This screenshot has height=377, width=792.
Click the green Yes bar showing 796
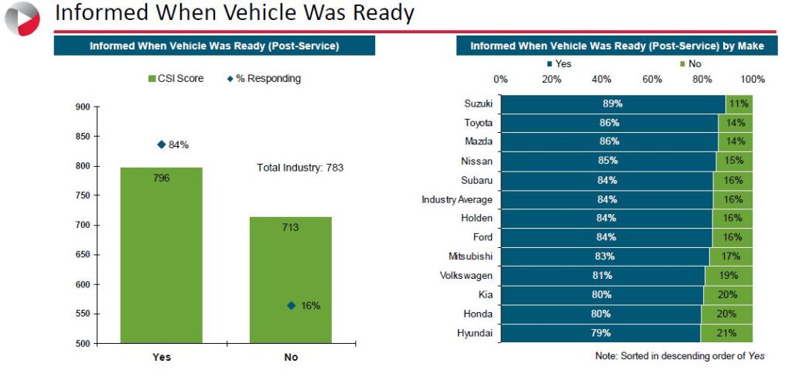click(x=161, y=255)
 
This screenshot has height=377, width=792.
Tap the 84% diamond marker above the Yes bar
click(x=161, y=144)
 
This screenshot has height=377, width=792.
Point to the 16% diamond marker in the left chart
click(x=291, y=305)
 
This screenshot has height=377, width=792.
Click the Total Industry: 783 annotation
click(x=299, y=167)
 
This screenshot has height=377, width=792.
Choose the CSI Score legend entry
click(x=176, y=78)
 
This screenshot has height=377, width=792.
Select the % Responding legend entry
click(x=264, y=78)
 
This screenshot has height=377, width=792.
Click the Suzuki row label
click(x=478, y=104)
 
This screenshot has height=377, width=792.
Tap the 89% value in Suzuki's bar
click(x=613, y=104)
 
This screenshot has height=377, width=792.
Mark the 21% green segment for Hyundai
click(x=726, y=333)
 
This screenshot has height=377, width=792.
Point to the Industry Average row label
click(x=456, y=199)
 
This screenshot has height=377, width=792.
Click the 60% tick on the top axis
click(x=652, y=79)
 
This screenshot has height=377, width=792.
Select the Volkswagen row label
click(x=466, y=276)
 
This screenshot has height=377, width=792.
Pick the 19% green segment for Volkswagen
click(x=729, y=276)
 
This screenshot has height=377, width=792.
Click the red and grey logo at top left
click(x=22, y=18)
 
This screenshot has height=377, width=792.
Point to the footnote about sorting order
click(x=680, y=355)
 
